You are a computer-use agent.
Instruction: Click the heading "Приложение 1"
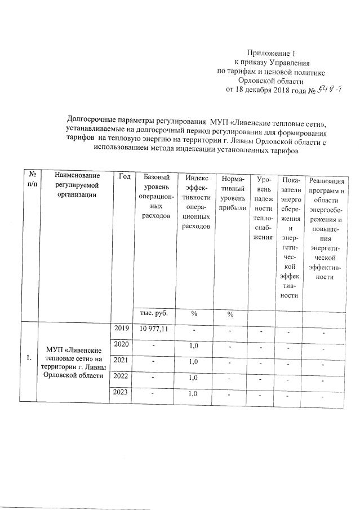[272, 52]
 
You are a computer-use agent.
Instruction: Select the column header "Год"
[125, 178]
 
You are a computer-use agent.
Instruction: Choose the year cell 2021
[122, 360]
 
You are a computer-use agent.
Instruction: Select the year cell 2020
[122, 344]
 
